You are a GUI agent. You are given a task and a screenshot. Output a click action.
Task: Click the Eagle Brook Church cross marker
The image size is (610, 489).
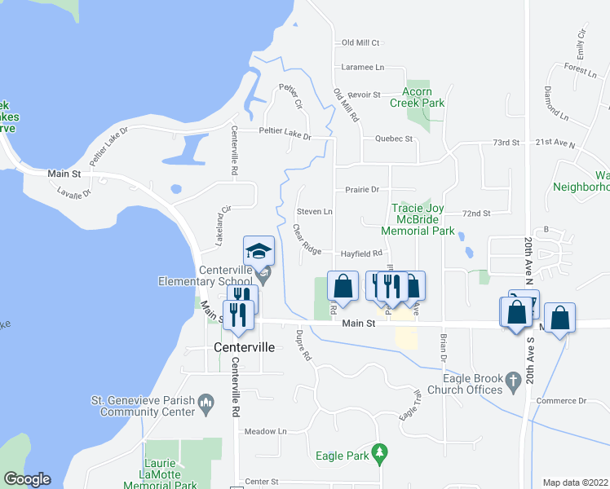coord(512,380)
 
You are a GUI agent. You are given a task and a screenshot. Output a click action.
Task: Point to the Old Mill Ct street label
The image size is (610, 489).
coord(361,42)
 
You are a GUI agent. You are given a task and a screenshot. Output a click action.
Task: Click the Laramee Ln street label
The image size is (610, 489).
coord(363,68)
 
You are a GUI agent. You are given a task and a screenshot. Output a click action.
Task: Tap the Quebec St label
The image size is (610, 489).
coord(394,139)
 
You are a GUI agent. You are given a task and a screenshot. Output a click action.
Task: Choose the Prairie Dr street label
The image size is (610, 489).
coord(362,190)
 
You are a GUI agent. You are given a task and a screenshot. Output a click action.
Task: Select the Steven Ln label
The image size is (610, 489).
coord(314,212)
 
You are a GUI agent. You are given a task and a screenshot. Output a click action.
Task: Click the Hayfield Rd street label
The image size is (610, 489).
coord(361,253)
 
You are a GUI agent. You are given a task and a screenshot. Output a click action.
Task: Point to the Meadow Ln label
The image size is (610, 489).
coord(266,430)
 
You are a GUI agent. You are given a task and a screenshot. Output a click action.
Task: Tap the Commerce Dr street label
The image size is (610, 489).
coord(562,401)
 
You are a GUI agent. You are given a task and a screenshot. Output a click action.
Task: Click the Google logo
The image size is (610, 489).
coord(27,479)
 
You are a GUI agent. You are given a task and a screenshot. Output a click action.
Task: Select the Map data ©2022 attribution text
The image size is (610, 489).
coord(576,482)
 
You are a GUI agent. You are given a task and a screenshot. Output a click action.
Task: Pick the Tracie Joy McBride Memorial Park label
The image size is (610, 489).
coord(423,220)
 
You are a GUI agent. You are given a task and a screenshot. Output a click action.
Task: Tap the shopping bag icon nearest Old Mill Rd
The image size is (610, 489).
coord(343,286)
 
